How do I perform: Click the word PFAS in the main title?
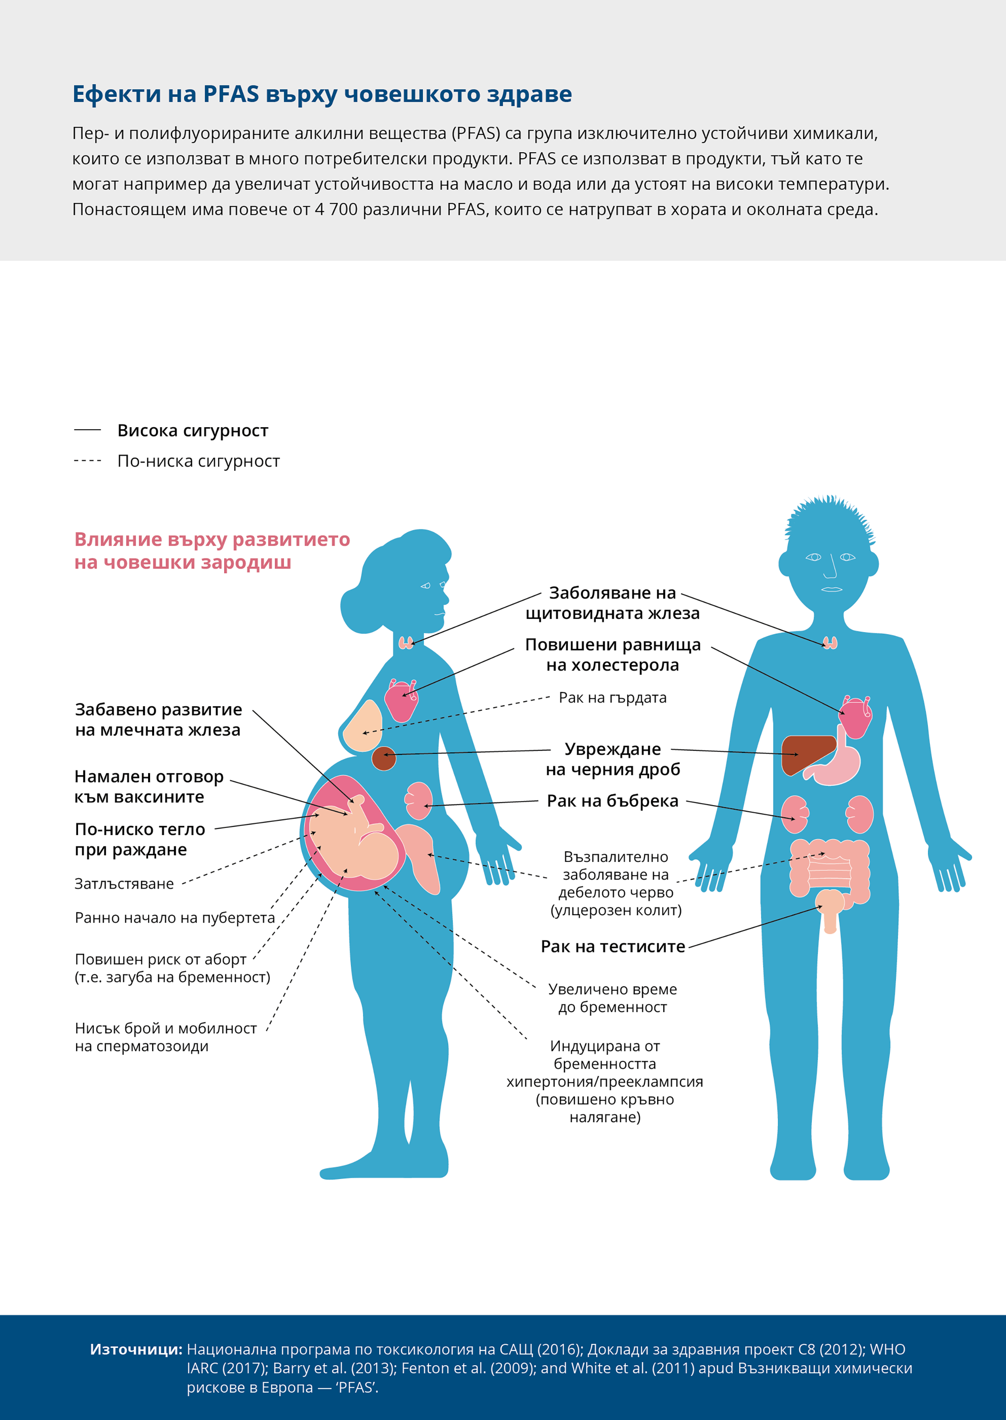(x=231, y=94)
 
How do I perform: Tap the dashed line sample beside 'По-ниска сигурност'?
(x=87, y=461)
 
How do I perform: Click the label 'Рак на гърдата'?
(x=612, y=697)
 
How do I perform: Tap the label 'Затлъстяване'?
(x=124, y=883)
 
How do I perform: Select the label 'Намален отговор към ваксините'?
(x=148, y=787)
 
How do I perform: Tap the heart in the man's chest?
(x=856, y=717)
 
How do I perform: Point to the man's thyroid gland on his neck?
(x=830, y=643)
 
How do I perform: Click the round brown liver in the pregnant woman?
(x=384, y=758)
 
